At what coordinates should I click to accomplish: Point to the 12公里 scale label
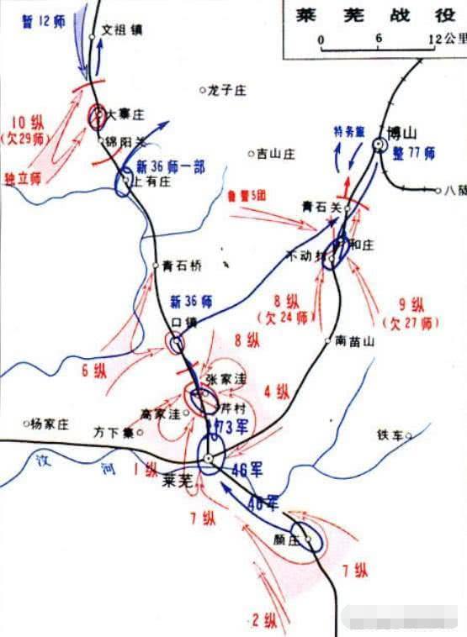[x=446, y=39]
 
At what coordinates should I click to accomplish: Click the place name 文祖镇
[x=122, y=29]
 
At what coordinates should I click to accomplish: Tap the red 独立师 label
[x=24, y=179]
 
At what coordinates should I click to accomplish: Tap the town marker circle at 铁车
[x=408, y=435]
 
